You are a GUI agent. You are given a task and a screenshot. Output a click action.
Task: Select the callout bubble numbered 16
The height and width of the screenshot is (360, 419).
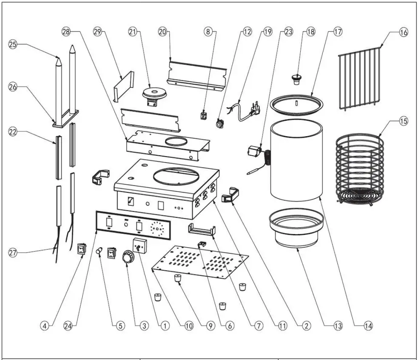coord(403,32)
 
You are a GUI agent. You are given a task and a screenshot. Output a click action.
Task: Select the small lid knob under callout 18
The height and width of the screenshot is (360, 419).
coord(296,78)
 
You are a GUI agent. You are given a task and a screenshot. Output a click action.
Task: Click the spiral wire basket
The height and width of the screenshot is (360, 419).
coord(360,170)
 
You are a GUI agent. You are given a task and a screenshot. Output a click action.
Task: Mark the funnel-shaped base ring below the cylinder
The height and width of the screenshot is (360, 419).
coord(296,230)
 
